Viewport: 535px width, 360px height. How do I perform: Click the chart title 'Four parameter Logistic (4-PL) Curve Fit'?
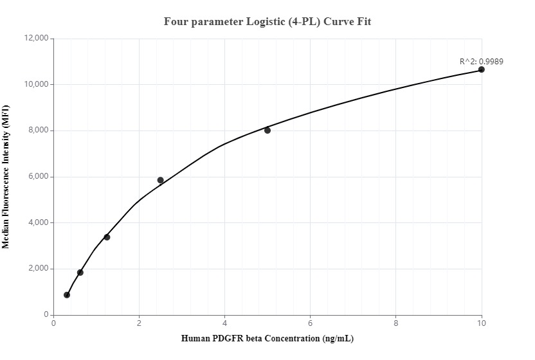(267, 21)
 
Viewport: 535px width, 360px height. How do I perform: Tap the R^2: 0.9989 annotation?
(481, 62)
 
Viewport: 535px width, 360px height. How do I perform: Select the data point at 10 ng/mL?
(482, 69)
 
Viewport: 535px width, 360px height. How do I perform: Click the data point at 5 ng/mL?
(267, 130)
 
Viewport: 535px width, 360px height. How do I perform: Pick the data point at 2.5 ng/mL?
(161, 180)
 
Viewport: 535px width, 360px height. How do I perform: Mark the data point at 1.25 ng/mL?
(107, 237)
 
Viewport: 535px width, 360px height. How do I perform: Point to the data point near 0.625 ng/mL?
(80, 273)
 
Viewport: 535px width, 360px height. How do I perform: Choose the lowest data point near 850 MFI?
(67, 295)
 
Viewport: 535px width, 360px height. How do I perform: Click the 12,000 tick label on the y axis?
(37, 39)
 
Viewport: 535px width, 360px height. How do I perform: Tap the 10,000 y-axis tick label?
(37, 85)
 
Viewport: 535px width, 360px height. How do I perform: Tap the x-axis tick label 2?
(139, 323)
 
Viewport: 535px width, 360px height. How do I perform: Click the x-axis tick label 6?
(311, 323)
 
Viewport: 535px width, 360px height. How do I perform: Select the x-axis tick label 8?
(396, 323)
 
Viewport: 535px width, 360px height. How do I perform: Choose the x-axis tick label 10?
(482, 323)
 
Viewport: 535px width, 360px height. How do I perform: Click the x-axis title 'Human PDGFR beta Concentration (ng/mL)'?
(267, 339)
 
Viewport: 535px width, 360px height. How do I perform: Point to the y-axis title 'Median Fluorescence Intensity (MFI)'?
(6, 177)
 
